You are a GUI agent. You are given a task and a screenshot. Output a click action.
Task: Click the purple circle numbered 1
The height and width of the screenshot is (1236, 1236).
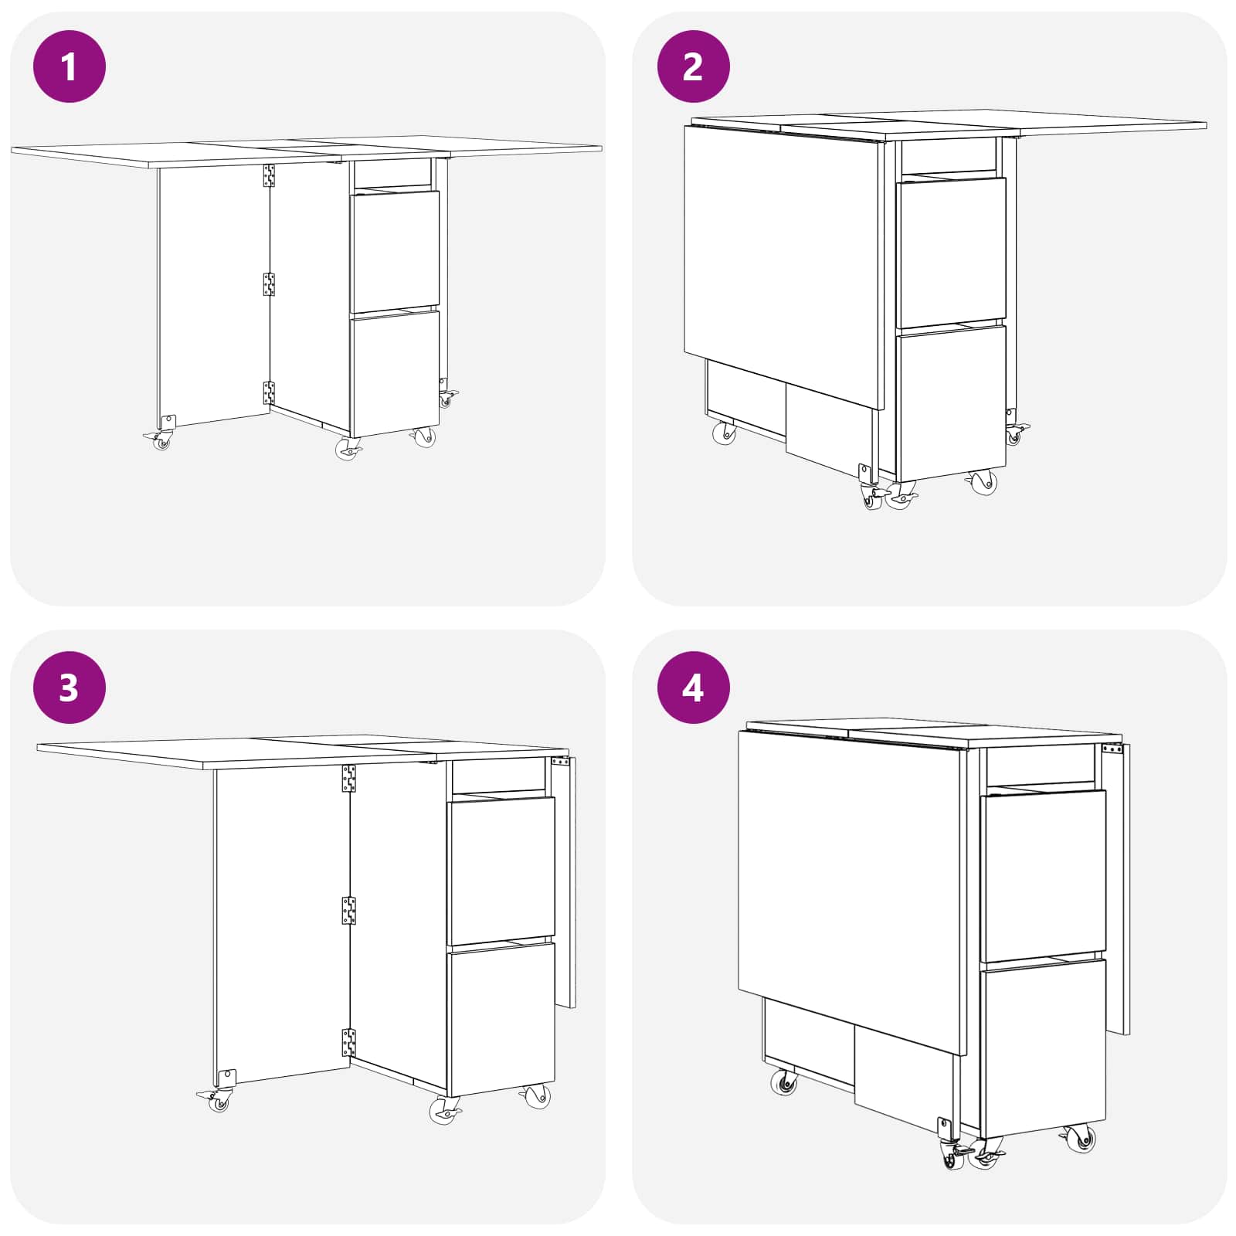[70, 66]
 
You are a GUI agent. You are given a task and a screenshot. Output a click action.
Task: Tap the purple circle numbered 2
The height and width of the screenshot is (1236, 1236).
[693, 66]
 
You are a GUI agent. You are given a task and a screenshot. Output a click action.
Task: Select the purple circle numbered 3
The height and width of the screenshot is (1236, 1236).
[70, 687]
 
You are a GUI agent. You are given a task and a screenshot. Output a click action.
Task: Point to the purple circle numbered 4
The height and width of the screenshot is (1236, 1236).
[693, 687]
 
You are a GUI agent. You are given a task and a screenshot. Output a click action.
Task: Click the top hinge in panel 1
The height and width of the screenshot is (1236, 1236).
[269, 176]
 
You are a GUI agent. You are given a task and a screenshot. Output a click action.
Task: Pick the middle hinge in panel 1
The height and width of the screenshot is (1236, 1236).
[269, 284]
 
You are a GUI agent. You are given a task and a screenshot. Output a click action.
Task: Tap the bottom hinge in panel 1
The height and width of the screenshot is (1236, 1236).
[269, 392]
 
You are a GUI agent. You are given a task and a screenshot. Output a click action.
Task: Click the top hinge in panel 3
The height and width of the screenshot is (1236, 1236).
[349, 779]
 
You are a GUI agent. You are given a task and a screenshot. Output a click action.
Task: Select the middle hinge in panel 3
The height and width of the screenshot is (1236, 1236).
[349, 911]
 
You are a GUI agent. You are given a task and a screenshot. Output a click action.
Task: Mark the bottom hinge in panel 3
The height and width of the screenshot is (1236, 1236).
[349, 1043]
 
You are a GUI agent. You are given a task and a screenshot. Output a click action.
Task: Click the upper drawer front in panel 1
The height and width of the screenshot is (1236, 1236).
[395, 252]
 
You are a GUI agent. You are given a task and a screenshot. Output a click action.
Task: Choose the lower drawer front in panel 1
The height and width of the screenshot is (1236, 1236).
[395, 373]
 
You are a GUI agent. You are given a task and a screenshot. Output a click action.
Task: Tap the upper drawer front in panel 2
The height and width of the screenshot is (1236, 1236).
[951, 253]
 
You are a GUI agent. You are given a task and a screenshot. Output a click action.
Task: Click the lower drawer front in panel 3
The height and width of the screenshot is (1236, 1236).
[501, 1019]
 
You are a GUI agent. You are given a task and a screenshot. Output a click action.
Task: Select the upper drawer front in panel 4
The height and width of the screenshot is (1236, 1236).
[1044, 876]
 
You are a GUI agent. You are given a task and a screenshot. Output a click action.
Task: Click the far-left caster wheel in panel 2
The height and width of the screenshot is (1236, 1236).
[725, 433]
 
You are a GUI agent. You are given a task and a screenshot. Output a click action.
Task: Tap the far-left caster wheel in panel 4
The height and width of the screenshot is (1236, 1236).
[784, 1083]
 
